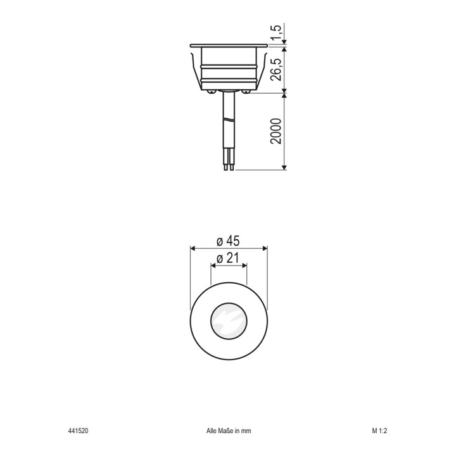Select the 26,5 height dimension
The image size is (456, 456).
pos(275,70)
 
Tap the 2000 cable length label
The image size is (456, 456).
pos(275,131)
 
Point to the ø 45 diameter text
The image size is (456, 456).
pos(228,241)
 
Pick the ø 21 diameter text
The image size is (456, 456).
pos(228,258)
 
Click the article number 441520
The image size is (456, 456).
pos(78,431)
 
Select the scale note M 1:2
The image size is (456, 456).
pos(379,431)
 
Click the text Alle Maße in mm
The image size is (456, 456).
pos(229,431)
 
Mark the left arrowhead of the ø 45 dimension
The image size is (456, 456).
pos(193,248)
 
